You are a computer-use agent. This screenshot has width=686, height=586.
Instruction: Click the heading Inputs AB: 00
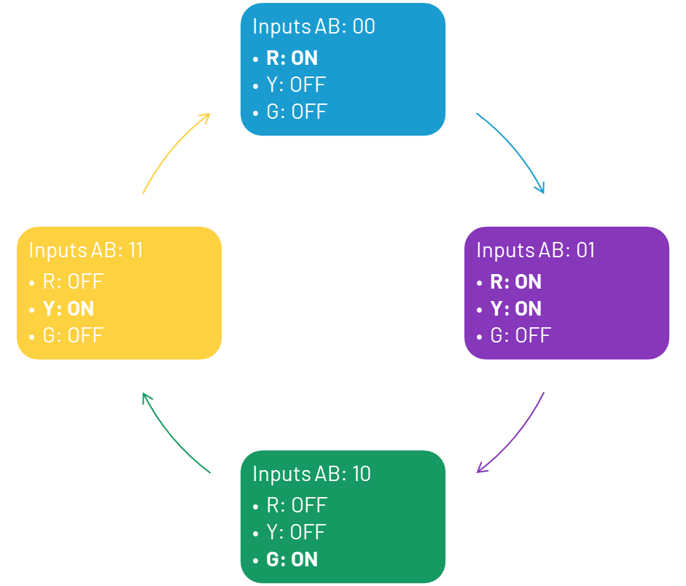pyautogui.click(x=313, y=27)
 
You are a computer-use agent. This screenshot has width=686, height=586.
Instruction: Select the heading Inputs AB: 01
pyautogui.click(x=536, y=251)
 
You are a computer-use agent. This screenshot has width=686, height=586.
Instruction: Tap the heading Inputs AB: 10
pyautogui.click(x=311, y=474)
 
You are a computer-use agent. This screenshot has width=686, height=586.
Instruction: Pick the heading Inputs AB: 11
pyautogui.click(x=86, y=251)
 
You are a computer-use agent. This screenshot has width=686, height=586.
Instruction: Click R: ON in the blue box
pyautogui.click(x=292, y=58)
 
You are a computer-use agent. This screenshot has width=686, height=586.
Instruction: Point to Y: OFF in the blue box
pyautogui.click(x=295, y=85)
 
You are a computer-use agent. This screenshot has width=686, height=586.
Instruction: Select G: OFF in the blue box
pyautogui.click(x=297, y=112)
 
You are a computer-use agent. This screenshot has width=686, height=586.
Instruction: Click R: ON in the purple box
pyautogui.click(x=515, y=282)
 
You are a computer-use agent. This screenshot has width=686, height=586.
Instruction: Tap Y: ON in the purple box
pyautogui.click(x=515, y=309)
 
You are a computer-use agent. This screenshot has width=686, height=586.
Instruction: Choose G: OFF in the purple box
pyautogui.click(x=521, y=336)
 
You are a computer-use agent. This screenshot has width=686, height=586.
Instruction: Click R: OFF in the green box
pyautogui.click(x=297, y=505)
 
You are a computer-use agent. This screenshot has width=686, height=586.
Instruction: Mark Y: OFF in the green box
pyautogui.click(x=295, y=532)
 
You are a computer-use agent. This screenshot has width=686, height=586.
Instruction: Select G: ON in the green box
pyautogui.click(x=292, y=560)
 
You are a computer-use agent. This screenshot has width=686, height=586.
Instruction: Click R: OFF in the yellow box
pyautogui.click(x=73, y=282)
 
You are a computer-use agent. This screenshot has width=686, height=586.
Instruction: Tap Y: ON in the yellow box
pyautogui.click(x=69, y=309)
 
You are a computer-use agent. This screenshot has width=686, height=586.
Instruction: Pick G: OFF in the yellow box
pyautogui.click(x=73, y=336)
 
